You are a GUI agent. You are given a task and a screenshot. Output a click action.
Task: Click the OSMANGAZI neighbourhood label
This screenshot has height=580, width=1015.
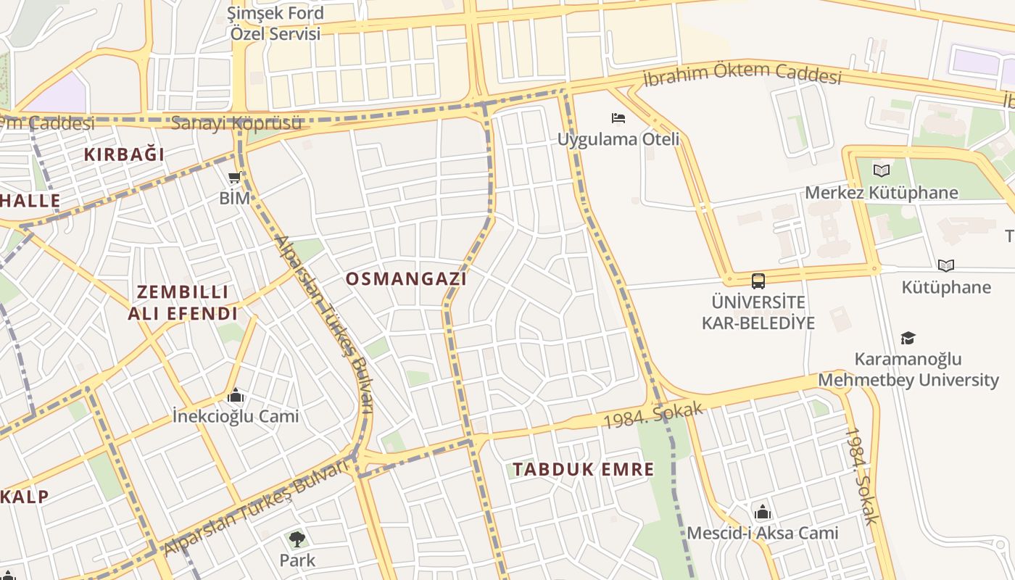pyautogui.click(x=406, y=278)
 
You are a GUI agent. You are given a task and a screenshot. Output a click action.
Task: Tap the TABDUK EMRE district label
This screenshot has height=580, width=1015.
pyautogui.click(x=583, y=469)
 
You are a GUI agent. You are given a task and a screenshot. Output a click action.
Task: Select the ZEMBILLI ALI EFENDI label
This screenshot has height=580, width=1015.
pyautogui.click(x=183, y=302)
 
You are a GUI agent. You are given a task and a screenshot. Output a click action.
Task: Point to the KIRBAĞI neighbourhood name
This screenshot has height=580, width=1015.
pyautogui.click(x=124, y=154)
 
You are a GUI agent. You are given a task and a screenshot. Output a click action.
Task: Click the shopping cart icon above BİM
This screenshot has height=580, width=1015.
pyautogui.click(x=234, y=178)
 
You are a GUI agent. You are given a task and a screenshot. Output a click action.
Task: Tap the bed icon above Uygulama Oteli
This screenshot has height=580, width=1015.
pyautogui.click(x=618, y=117)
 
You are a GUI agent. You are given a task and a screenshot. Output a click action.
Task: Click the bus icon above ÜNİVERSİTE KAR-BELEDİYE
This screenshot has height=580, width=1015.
pyautogui.click(x=758, y=281)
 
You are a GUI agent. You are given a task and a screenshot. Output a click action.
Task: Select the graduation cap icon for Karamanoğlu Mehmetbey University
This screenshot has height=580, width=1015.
pyautogui.click(x=908, y=338)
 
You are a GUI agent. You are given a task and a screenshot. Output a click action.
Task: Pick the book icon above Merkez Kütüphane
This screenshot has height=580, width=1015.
pyautogui.click(x=882, y=171)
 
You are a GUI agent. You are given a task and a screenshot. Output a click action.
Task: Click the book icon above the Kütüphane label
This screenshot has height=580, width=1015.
pyautogui.click(x=945, y=265)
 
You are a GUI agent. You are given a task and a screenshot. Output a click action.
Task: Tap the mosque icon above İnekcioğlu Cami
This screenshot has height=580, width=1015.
pyautogui.click(x=235, y=396)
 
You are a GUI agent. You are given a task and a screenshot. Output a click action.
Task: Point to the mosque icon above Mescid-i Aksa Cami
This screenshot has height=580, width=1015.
pyautogui.click(x=762, y=513)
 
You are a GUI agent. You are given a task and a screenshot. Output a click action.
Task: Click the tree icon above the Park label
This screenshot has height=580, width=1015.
pyautogui.click(x=297, y=539)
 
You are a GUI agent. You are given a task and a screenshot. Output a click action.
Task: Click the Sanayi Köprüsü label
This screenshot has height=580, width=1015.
pyautogui.click(x=236, y=123)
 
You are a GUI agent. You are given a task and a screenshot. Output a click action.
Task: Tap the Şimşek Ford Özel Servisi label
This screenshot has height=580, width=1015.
pyautogui.click(x=275, y=23)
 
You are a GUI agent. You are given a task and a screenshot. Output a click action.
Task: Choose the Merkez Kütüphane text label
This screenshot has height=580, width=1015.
pyautogui.click(x=882, y=193)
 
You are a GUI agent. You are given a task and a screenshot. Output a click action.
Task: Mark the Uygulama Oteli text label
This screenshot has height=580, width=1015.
pyautogui.click(x=618, y=138)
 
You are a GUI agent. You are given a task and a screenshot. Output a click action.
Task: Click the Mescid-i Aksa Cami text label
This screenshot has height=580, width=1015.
pyautogui.click(x=762, y=534)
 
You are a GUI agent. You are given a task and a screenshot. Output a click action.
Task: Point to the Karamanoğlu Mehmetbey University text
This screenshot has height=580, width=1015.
pyautogui.click(x=908, y=370)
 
